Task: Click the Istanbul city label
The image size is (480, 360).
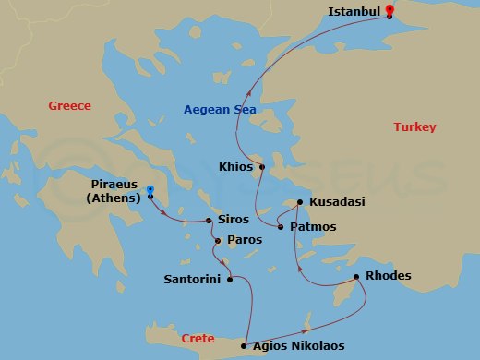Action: (354, 12)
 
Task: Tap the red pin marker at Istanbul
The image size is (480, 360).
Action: (390, 11)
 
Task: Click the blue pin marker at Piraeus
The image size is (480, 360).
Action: (150, 191)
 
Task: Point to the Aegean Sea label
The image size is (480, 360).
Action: (220, 109)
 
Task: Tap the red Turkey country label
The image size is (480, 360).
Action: (415, 126)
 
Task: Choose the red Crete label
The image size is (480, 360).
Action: (198, 338)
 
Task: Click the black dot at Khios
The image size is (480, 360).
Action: (262, 168)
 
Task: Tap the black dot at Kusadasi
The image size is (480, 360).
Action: (300, 201)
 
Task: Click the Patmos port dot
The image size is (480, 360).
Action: (281, 226)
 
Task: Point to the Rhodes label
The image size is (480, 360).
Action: (388, 276)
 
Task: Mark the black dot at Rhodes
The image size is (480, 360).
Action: (357, 276)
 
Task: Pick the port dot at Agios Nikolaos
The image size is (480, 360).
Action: (245, 346)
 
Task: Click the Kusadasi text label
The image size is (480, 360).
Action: (337, 201)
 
